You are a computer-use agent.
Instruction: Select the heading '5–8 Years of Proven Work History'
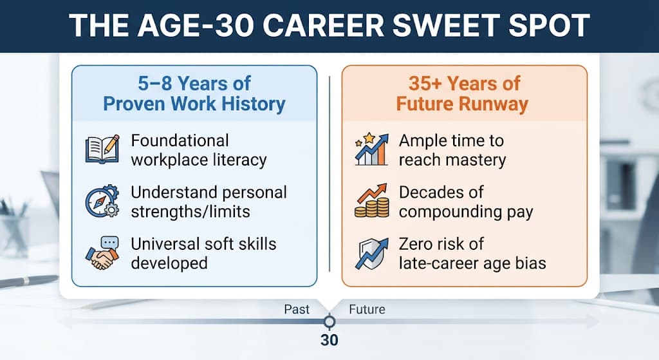coord(194,94)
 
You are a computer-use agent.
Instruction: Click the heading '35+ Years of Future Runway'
coord(463,94)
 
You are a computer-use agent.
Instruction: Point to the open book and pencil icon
coord(102,149)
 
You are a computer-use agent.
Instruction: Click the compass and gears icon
coord(102,201)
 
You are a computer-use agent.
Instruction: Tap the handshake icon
coord(102,252)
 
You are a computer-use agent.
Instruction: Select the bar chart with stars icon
coord(371,149)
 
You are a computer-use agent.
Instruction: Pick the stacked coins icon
coord(371,200)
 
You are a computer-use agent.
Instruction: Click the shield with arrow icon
coord(371,253)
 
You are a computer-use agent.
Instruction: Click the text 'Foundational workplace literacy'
coord(198,150)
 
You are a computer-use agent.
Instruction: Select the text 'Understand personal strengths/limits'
coord(209,202)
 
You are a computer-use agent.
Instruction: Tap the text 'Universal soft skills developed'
coord(203,254)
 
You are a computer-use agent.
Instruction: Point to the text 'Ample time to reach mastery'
coord(452,150)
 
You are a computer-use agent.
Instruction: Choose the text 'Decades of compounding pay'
coord(466,202)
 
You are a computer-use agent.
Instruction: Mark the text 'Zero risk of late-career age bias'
coord(472,254)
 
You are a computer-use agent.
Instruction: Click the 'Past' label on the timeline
coord(297,310)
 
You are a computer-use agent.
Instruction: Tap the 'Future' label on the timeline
coord(367,310)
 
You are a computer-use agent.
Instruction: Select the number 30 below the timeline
coord(329,340)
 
